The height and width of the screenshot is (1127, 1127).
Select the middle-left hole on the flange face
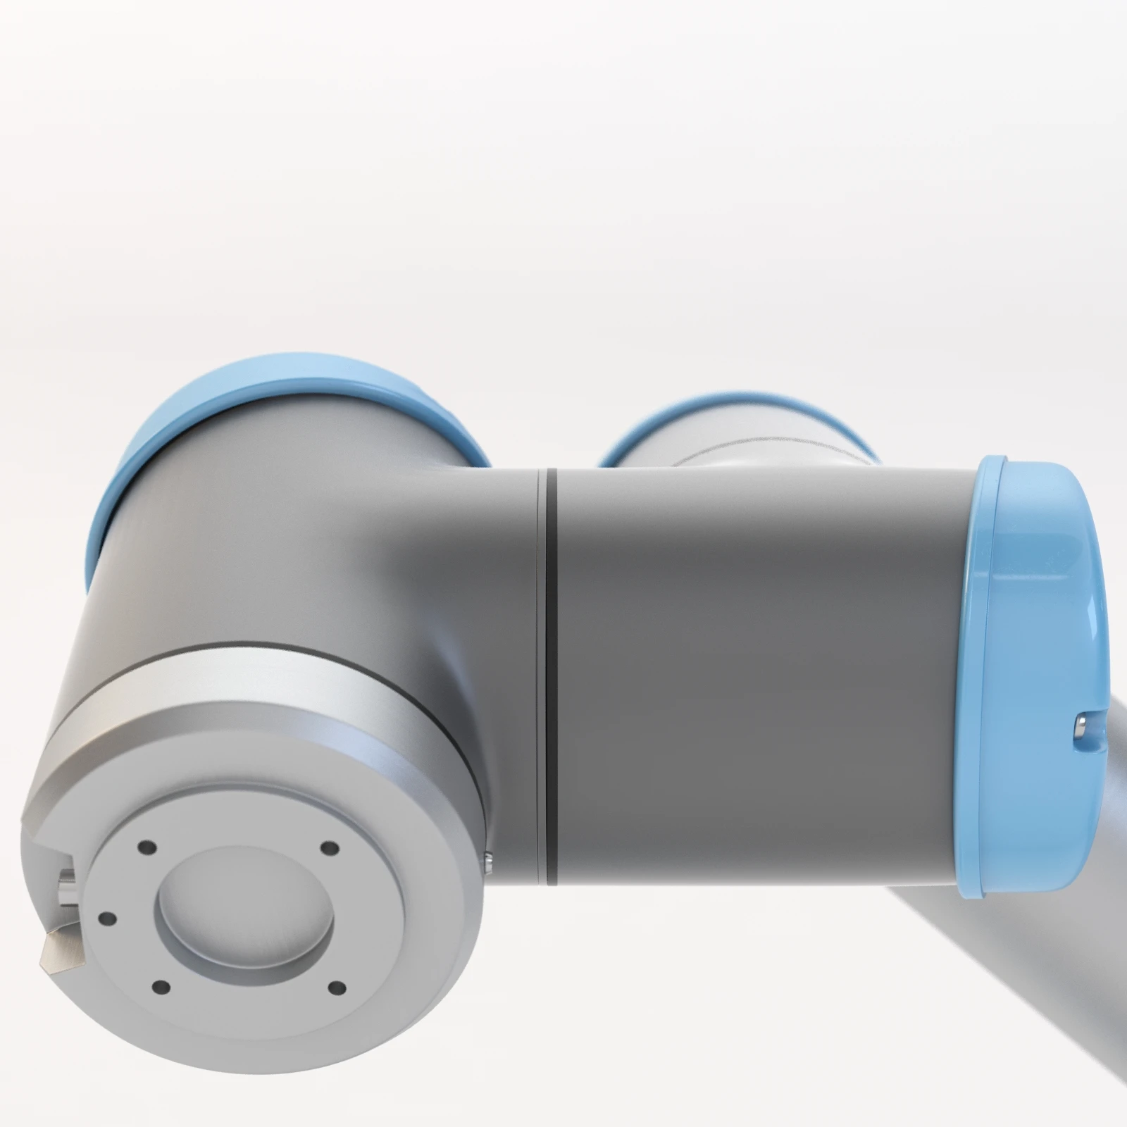[x=106, y=919]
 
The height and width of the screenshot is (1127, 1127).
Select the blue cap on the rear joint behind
[x=740, y=416]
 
